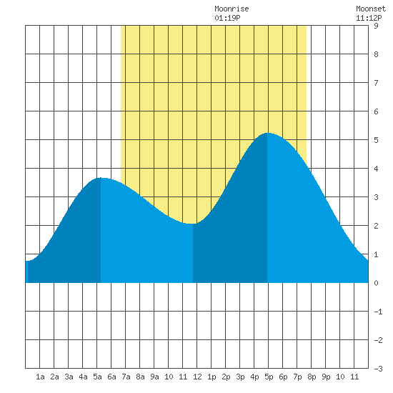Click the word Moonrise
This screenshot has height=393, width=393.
(232, 9)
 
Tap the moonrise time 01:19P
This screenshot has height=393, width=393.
(227, 18)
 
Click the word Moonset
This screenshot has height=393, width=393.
(371, 9)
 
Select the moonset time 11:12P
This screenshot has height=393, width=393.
(369, 18)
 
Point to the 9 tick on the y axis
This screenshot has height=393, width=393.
(376, 26)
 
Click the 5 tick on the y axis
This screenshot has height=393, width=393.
(376, 140)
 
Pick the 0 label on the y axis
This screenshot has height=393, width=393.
(376, 283)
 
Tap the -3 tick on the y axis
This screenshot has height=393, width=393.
(378, 369)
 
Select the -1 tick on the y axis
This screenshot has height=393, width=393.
(378, 312)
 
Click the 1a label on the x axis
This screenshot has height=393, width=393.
(40, 377)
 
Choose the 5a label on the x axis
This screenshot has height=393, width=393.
(97, 377)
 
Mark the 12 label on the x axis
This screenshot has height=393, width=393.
(197, 377)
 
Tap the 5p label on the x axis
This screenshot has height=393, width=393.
(269, 377)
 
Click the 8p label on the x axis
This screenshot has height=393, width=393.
(312, 377)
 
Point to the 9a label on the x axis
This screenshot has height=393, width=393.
(154, 377)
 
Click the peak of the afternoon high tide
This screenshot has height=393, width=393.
(267, 133)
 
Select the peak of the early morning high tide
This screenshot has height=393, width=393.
(101, 178)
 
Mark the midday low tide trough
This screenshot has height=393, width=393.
(193, 224)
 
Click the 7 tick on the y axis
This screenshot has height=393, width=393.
(376, 83)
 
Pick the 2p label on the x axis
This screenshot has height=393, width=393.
(226, 377)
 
